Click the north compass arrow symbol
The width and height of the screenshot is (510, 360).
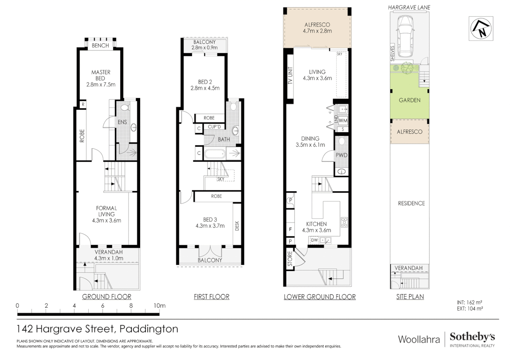pos(481,29)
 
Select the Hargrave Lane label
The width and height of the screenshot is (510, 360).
pos(409,7)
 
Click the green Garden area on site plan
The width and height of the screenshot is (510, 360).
pos(409,100)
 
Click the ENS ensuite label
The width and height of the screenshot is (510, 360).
pos(122,122)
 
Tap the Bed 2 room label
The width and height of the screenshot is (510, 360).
pos(205,85)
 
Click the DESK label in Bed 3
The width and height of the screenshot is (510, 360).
pos(237,226)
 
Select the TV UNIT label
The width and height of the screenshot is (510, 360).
pos(290,76)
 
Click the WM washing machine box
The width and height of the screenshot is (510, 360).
pos(343,121)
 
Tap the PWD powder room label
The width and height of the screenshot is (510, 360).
pos(341,155)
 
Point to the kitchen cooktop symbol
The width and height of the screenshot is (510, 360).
pos(344,222)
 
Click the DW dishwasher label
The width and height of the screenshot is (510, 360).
pos(314,240)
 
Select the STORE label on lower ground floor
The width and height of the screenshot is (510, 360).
pos(290,259)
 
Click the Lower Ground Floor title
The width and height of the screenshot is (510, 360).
pos(319,297)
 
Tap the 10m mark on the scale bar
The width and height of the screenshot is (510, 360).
pos(160,306)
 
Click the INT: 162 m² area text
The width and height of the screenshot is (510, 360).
pos(469,302)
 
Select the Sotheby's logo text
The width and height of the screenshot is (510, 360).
pos(472,337)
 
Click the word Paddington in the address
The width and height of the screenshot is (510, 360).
pos(149,329)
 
